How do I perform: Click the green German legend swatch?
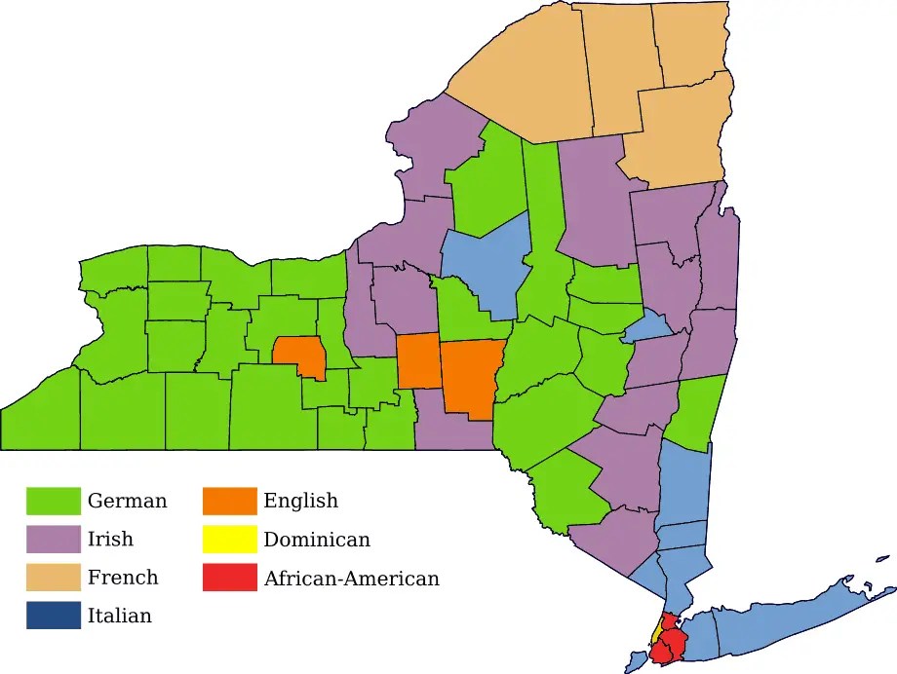[x=53, y=501]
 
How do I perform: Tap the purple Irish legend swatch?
[x=53, y=539]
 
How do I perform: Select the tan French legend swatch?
[x=53, y=578]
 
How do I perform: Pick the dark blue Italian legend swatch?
[x=53, y=616]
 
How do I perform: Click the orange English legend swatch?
[x=229, y=501]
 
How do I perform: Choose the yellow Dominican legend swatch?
[x=229, y=539]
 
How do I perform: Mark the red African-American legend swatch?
[x=229, y=578]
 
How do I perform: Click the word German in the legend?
[x=127, y=502]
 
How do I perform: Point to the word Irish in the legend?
[x=110, y=540]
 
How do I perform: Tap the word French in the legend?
[x=122, y=578]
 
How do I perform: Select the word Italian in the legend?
[x=119, y=616]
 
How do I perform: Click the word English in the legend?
[x=300, y=502]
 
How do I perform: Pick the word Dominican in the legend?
[x=316, y=540]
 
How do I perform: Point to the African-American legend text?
[x=351, y=579]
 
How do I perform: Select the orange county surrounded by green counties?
[x=299, y=356]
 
